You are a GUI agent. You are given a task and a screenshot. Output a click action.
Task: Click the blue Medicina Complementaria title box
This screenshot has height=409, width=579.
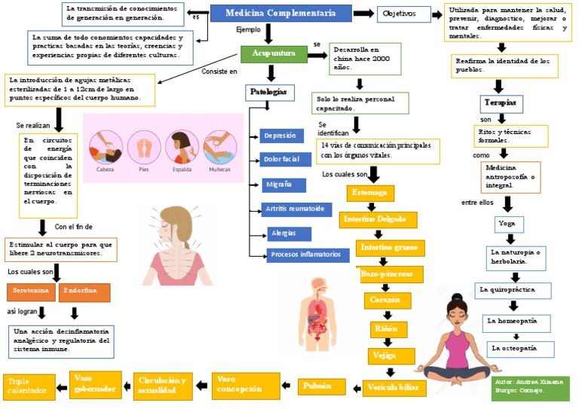coord(280,14)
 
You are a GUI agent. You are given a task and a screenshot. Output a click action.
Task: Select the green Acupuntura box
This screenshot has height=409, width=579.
coord(273,54)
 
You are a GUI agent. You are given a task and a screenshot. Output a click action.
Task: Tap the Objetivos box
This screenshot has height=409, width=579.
coord(403,14)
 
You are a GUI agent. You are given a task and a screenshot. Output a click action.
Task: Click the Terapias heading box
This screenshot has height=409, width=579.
coord(501,102)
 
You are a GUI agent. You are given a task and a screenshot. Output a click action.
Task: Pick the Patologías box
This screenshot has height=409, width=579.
coord(268,92)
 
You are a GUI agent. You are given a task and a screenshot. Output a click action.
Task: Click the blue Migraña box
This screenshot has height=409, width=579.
coord(283,185)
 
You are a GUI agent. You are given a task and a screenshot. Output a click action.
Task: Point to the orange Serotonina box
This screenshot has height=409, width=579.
coord(31,291)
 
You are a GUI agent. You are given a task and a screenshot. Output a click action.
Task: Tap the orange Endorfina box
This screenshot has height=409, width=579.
coord(84,291)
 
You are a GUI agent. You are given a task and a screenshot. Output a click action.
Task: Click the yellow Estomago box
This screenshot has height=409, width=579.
coord(370,194)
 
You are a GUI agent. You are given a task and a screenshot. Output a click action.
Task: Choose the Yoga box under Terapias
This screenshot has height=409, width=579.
coord(507,224)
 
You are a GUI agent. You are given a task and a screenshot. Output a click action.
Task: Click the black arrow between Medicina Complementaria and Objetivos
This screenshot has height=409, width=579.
coord(364,14)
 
